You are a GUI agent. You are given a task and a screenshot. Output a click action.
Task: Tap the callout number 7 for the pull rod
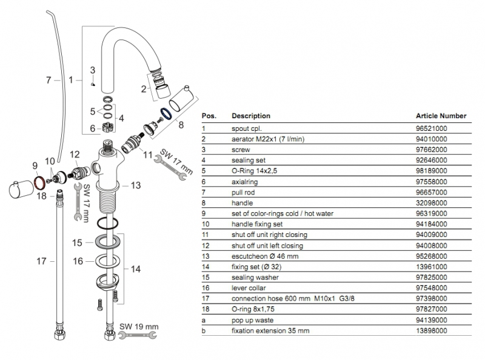48,80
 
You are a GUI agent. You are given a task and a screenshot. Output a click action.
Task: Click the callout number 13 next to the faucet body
135,185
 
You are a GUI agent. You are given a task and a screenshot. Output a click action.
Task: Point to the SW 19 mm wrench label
139,326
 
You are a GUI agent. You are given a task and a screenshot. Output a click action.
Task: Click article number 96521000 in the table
431,128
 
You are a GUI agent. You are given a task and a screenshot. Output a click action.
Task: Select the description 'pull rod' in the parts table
243,192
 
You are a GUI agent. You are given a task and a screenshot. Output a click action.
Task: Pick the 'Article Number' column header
441,116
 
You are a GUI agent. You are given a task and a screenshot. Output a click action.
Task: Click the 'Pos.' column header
209,116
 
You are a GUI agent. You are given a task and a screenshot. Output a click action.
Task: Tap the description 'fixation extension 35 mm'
270,331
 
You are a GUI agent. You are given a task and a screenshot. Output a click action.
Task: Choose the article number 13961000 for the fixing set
431,267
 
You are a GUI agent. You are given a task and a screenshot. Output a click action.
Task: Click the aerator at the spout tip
161,85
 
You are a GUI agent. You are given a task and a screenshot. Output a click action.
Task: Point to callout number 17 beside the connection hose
41,261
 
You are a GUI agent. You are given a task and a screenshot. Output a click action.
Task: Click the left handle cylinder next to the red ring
21,190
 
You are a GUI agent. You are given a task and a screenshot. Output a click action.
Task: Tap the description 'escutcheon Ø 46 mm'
265,256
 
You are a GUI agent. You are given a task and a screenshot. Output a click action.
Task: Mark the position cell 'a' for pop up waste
204,320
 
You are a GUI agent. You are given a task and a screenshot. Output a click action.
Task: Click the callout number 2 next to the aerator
144,89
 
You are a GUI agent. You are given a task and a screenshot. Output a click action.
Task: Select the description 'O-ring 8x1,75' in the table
253,309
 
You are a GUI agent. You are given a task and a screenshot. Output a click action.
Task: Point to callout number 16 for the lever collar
78,261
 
